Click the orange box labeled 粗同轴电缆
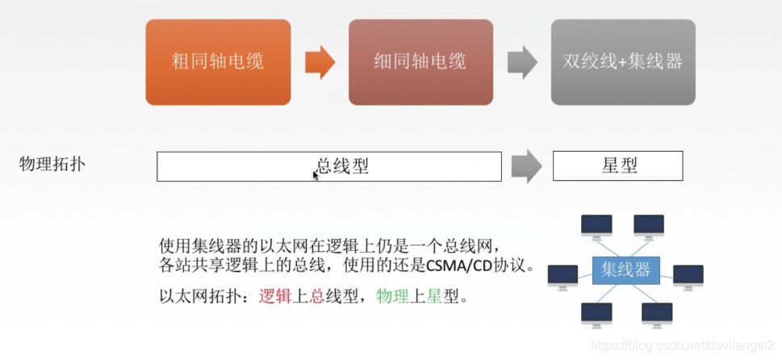pyautogui.click(x=218, y=62)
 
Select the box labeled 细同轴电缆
pyautogui.click(x=420, y=62)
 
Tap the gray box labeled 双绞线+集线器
pyautogui.click(x=623, y=62)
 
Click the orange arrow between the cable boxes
pyautogui.click(x=320, y=62)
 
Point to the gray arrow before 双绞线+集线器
pyautogui.click(x=523, y=62)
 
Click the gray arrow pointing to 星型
pyautogui.click(x=527, y=166)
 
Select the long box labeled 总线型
pyautogui.click(x=328, y=166)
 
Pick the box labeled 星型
pyautogui.click(x=617, y=166)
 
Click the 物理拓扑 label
pyautogui.click(x=52, y=165)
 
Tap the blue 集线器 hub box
pyautogui.click(x=625, y=270)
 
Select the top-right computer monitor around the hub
pyautogui.click(x=649, y=227)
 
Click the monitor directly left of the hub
pyautogui.click(x=562, y=276)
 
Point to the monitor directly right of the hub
pyautogui.click(x=688, y=276)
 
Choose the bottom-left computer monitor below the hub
pyautogui.click(x=596, y=315)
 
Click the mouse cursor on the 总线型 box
pyautogui.click(x=316, y=174)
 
